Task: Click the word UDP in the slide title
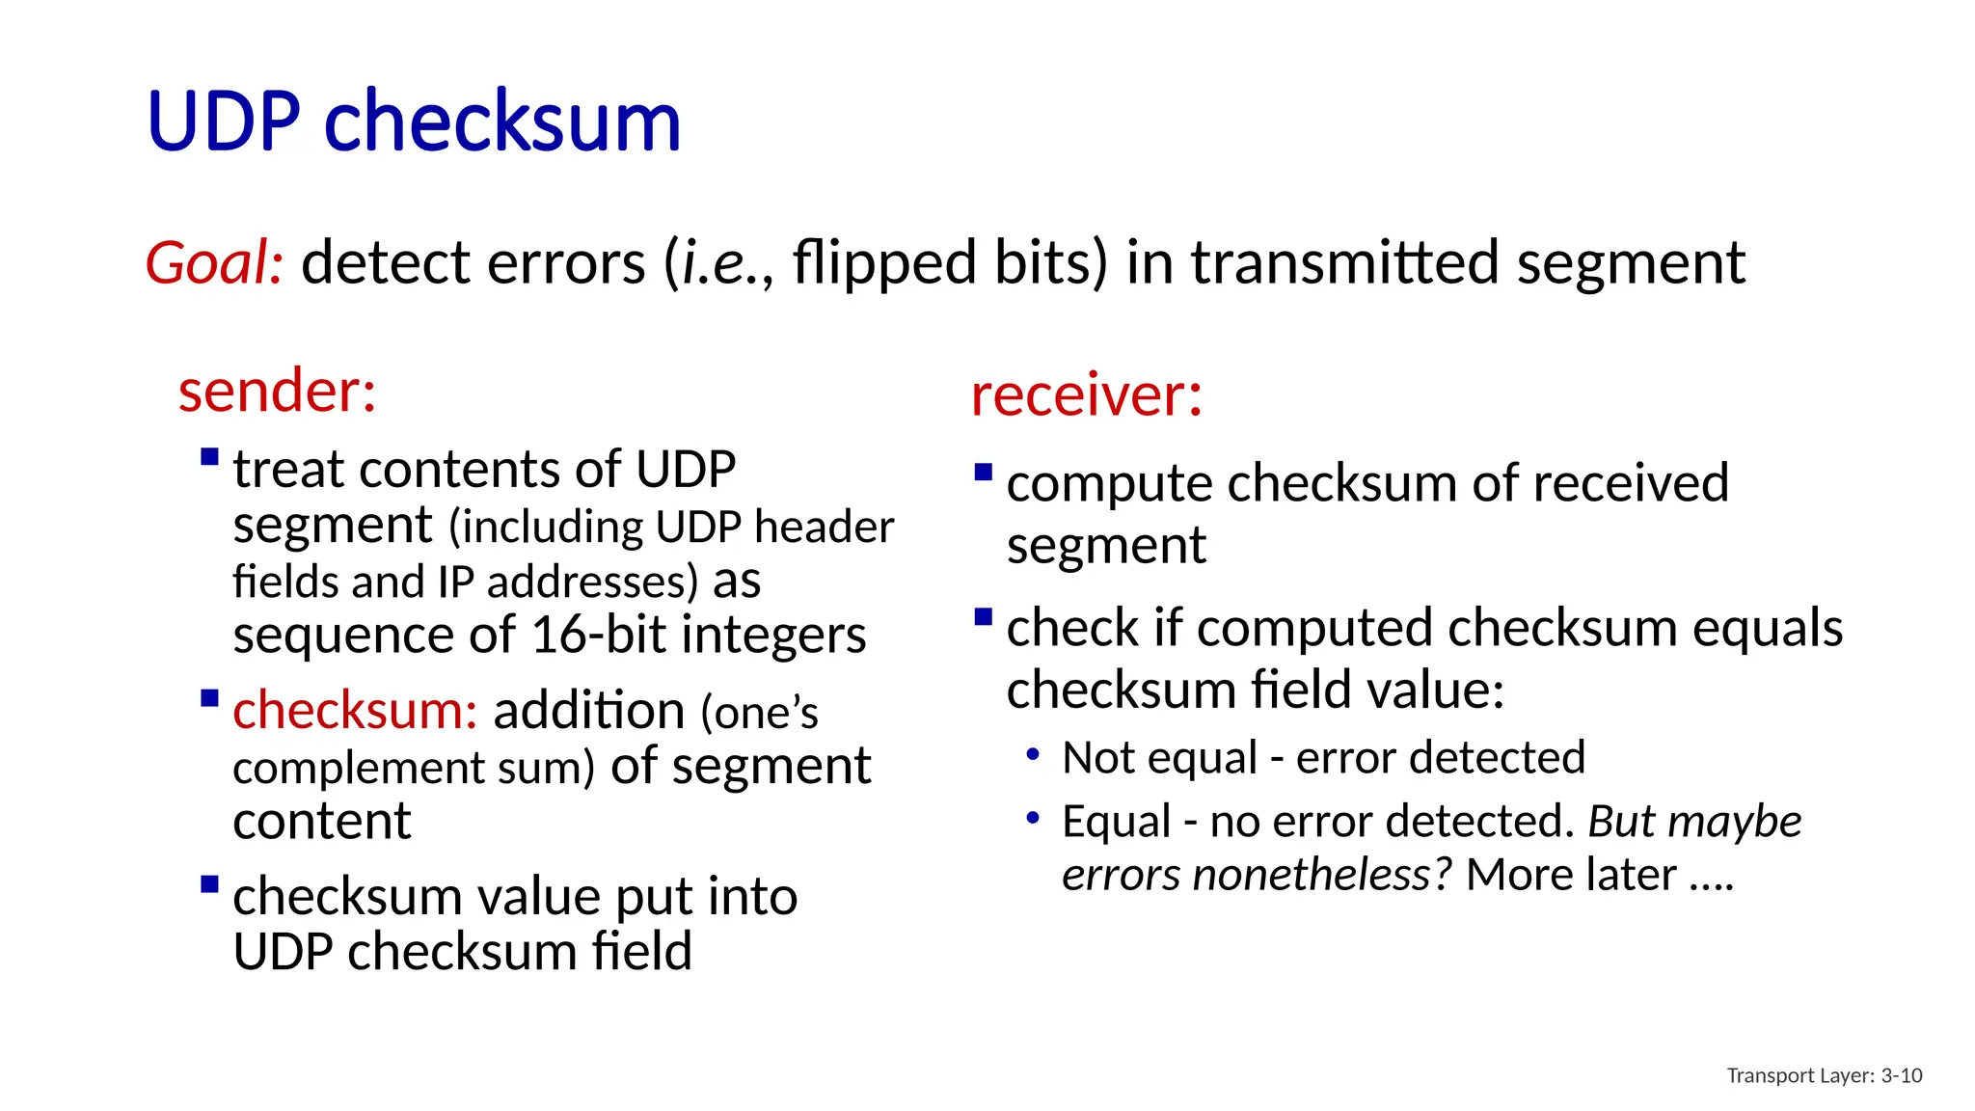tap(224, 122)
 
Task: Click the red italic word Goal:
tap(214, 262)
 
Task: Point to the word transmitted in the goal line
tap(1344, 262)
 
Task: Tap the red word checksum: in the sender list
tap(355, 711)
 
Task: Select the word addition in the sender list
tap(588, 711)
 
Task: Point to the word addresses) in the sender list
tap(592, 582)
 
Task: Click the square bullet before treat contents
tap(209, 457)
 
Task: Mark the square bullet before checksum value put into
tap(209, 884)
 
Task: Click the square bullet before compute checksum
tap(984, 473)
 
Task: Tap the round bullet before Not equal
tap(1033, 753)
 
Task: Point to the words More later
tap(1571, 875)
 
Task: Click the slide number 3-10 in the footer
tap(1901, 1075)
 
